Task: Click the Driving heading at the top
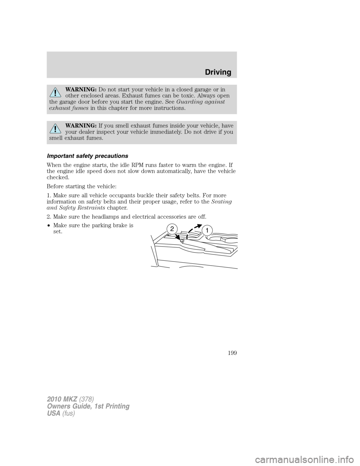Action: (x=218, y=72)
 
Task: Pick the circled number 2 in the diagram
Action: (x=171, y=228)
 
